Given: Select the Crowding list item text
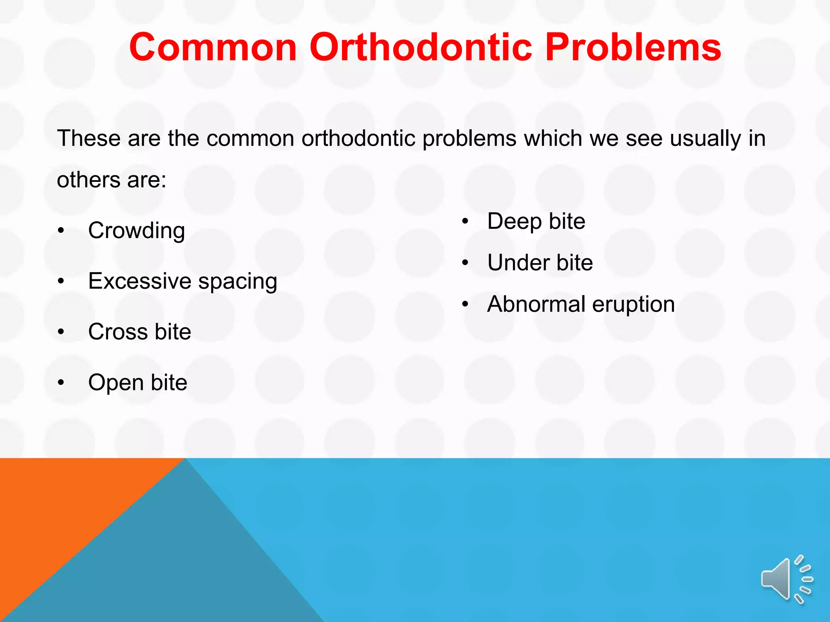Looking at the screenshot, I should coord(137,231).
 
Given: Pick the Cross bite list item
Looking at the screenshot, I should coord(139,332).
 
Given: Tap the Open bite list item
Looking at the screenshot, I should coord(138,383).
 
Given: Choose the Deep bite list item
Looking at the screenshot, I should coord(536,222).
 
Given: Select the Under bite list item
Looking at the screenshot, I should coord(540,263).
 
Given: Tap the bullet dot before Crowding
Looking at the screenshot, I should coord(61,231).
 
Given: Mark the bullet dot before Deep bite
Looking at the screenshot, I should coord(465,222).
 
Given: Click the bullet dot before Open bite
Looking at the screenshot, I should coord(61,383).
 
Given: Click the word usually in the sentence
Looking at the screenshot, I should coord(705,139).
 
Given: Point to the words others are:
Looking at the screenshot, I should coord(111,180).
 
